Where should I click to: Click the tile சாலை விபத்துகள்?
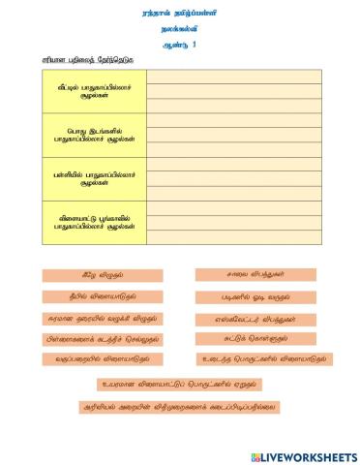pos(255,275)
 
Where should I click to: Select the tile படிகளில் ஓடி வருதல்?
pos(255,296)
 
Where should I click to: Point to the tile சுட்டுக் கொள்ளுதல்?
pos(255,339)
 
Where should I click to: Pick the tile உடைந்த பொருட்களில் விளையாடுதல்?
pos(262,359)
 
